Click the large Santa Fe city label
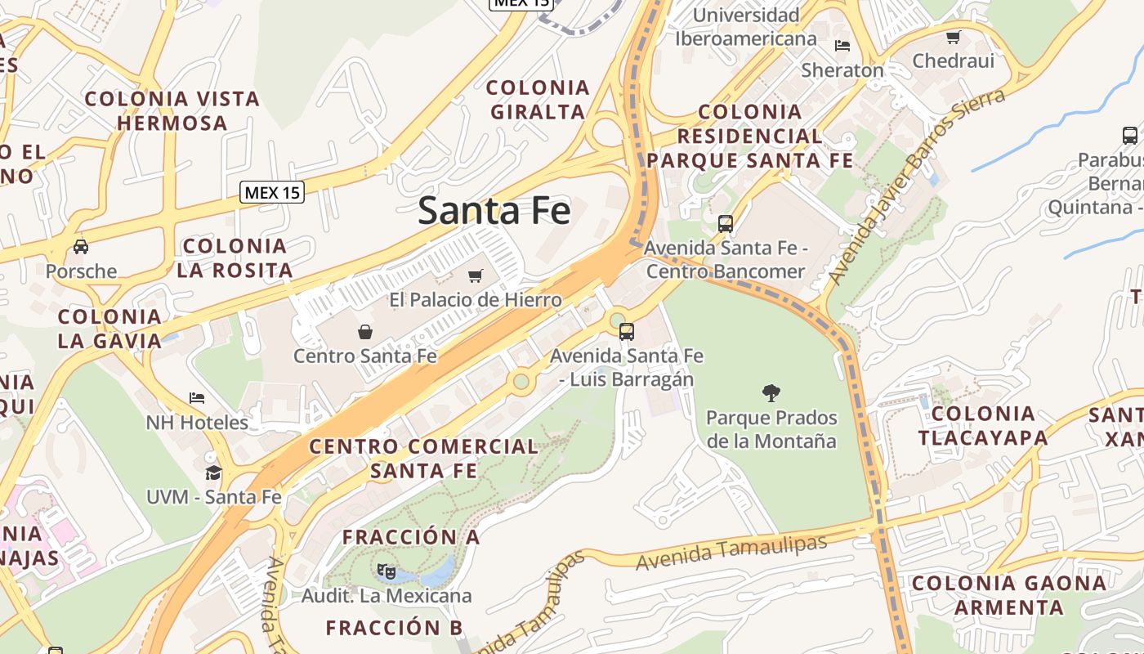[494, 211]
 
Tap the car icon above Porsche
[81, 246]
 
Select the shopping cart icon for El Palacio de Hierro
[476, 275]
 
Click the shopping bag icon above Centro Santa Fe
[365, 331]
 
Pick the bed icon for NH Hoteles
[197, 398]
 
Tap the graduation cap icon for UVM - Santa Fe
[213, 473]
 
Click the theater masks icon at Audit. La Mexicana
[387, 571]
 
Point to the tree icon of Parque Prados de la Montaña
[771, 393]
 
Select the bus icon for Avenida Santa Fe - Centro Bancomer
[725, 223]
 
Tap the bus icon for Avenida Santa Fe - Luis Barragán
[627, 331]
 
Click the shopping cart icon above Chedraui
[954, 37]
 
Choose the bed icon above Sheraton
[842, 46]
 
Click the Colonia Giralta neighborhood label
[538, 99]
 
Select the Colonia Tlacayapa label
[983, 425]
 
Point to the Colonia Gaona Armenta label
[1009, 595]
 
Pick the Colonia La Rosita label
[235, 258]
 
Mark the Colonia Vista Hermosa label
[172, 110]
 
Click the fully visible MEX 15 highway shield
[272, 193]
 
